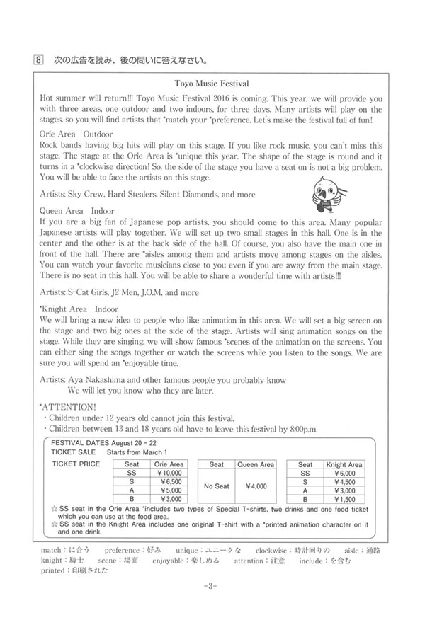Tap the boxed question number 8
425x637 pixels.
click(40, 57)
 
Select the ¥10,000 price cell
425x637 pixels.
click(169, 474)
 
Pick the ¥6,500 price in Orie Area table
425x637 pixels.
click(169, 483)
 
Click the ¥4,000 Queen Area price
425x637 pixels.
click(255, 487)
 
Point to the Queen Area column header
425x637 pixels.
click(255, 464)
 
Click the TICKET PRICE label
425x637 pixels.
click(76, 464)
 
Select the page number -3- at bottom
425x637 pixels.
click(212, 586)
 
